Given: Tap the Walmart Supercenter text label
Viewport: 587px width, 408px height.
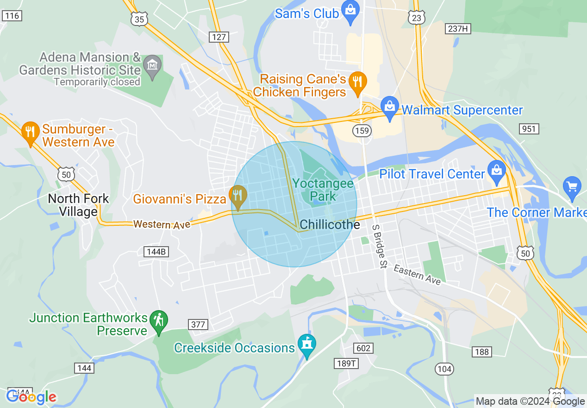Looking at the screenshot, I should [462, 110].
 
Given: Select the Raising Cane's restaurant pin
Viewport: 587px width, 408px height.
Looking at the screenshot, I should [357, 82].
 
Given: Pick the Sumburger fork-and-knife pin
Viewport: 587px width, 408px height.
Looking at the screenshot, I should [31, 132].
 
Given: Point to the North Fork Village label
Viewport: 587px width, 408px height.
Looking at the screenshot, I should [78, 205].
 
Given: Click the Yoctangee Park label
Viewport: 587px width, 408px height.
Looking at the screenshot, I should [323, 190].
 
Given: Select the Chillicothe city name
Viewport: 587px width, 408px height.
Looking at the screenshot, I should [330, 225].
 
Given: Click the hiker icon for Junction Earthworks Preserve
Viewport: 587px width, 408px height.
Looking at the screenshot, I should [159, 320].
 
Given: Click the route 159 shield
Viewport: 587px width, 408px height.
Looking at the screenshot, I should [362, 131].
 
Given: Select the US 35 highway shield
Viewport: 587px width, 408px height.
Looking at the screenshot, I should [139, 19].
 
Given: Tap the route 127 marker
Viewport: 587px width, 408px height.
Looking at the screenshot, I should [219, 37].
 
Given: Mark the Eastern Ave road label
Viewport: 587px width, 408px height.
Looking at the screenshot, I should [417, 274].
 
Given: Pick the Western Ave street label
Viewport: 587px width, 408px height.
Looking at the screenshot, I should [162, 224].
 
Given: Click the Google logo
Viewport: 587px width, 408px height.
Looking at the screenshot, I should [31, 397].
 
